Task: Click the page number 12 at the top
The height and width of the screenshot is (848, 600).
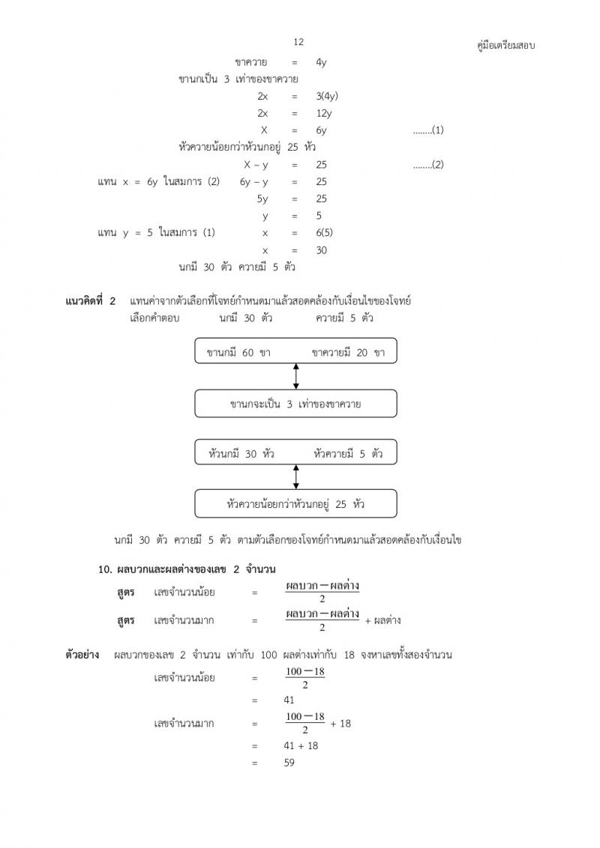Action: pyautogui.click(x=298, y=42)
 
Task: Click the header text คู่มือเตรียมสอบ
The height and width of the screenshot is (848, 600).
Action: pyautogui.click(x=506, y=46)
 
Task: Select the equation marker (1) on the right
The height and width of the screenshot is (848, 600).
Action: pyautogui.click(x=428, y=130)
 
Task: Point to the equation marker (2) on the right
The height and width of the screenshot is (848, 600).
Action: pyautogui.click(x=428, y=165)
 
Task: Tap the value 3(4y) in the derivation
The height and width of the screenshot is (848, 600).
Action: pyautogui.click(x=328, y=96)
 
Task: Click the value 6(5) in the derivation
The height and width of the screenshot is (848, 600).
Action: pyautogui.click(x=325, y=233)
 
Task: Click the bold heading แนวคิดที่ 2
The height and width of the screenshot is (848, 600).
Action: pyautogui.click(x=91, y=301)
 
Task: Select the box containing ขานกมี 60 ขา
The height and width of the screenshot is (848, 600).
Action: pyautogui.click(x=295, y=351)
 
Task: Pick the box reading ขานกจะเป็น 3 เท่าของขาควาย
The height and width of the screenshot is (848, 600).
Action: pyautogui.click(x=295, y=404)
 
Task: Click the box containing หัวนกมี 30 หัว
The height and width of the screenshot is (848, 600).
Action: pyautogui.click(x=295, y=452)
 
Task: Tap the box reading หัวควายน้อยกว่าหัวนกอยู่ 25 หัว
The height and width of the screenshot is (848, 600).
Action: pyautogui.click(x=295, y=503)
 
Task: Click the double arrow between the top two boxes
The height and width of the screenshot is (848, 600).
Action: pyautogui.click(x=296, y=376)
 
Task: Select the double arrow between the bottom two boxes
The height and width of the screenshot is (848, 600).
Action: pyautogui.click(x=296, y=476)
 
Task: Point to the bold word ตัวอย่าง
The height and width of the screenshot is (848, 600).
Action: pyautogui.click(x=82, y=655)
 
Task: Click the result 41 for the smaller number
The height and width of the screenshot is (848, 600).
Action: pyautogui.click(x=289, y=700)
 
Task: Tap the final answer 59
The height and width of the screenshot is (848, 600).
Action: pyautogui.click(x=289, y=763)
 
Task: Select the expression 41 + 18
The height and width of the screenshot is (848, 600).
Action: pyautogui.click(x=301, y=745)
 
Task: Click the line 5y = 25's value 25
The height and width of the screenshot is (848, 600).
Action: pyautogui.click(x=321, y=199)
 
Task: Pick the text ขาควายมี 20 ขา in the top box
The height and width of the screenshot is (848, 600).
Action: pyautogui.click(x=347, y=352)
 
